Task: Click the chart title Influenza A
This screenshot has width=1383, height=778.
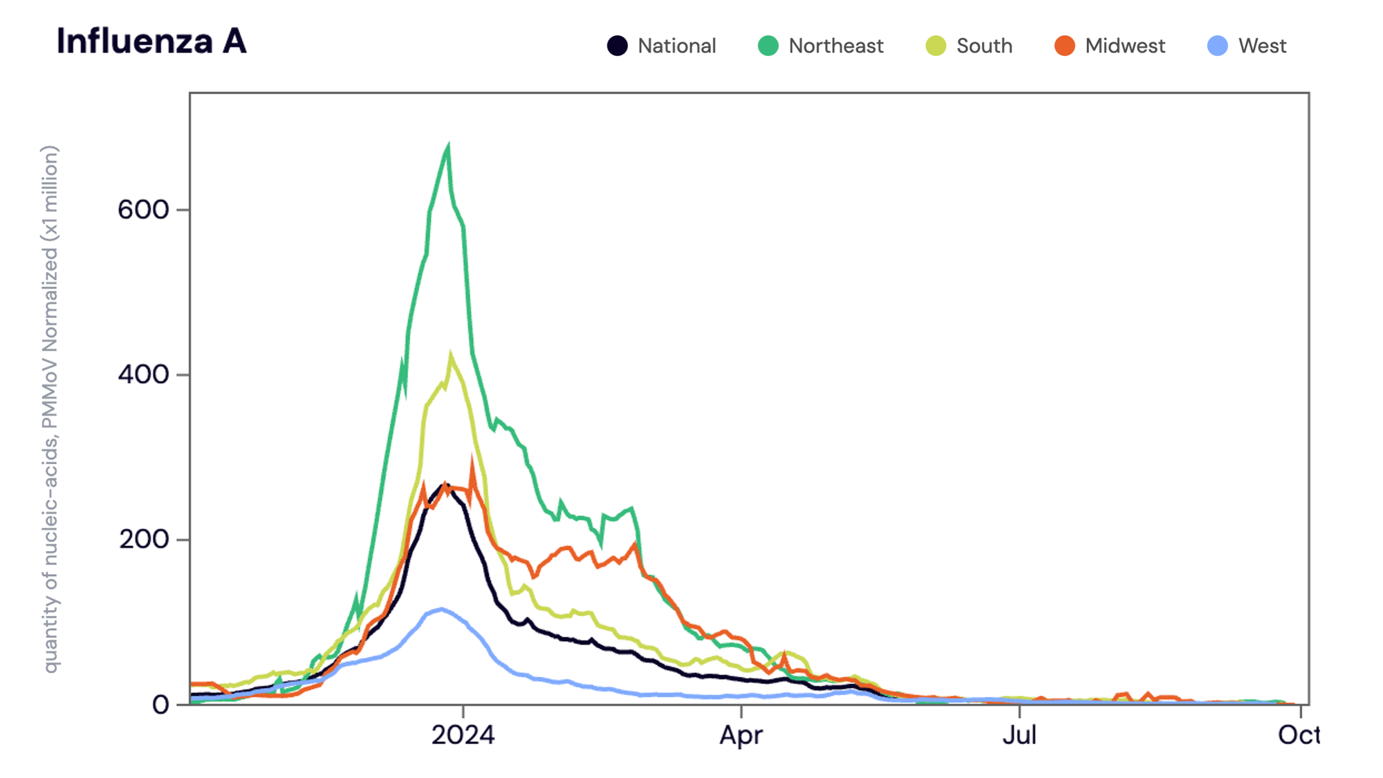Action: pyautogui.click(x=151, y=41)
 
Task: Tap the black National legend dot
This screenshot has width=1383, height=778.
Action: pyautogui.click(x=617, y=46)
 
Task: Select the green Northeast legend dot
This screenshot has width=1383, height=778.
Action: pyautogui.click(x=768, y=46)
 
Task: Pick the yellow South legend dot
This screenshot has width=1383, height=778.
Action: pyautogui.click(x=936, y=46)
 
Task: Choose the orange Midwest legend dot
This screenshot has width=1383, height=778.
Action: pyautogui.click(x=1064, y=46)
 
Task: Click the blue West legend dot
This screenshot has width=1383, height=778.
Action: pyautogui.click(x=1217, y=46)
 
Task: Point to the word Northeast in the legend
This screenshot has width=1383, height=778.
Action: pyautogui.click(x=835, y=46)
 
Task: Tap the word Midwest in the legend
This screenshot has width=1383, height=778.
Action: pyautogui.click(x=1124, y=46)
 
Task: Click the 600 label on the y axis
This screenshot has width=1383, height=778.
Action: pyautogui.click(x=143, y=210)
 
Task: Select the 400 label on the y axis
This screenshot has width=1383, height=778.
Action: pyautogui.click(x=143, y=375)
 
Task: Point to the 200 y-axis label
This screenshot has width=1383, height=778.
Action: pyautogui.click(x=143, y=539)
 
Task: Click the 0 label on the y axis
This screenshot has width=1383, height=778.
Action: pyautogui.click(x=160, y=705)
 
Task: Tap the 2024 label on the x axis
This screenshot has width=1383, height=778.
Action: pyautogui.click(x=463, y=735)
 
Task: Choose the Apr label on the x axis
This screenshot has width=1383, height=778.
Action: pyautogui.click(x=741, y=735)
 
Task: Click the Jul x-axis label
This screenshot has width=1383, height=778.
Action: pyautogui.click(x=1019, y=735)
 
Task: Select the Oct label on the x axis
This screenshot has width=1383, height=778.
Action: pyautogui.click(x=1297, y=735)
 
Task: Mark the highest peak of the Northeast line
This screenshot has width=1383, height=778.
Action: pyautogui.click(x=448, y=147)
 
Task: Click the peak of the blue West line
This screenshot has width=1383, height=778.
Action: pyautogui.click(x=441, y=609)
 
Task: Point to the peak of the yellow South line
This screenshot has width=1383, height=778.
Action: pyautogui.click(x=451, y=355)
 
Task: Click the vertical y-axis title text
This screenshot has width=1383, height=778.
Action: pyautogui.click(x=50, y=408)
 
